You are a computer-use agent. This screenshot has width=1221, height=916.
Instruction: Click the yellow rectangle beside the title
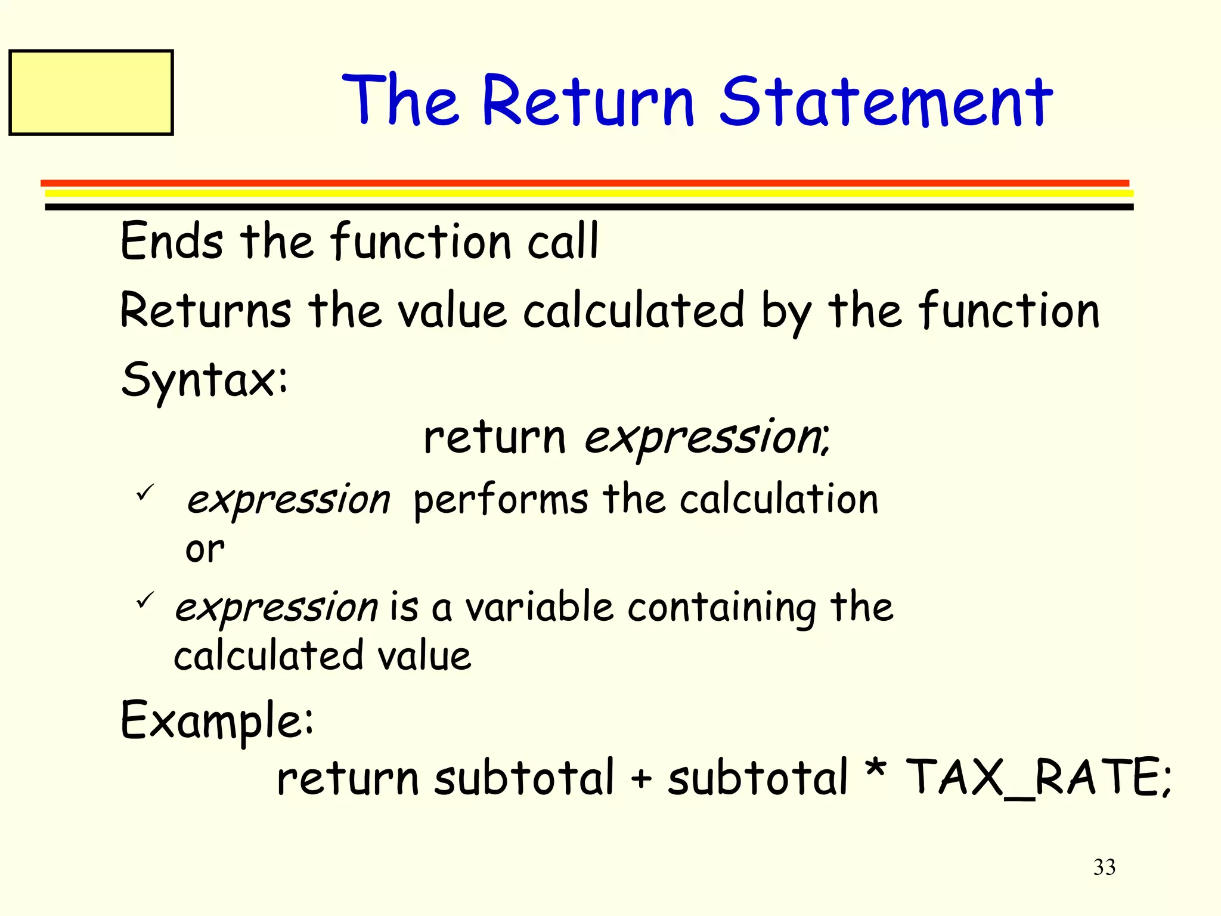click(x=91, y=92)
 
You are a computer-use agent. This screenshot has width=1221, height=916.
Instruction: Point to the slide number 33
click(x=1104, y=867)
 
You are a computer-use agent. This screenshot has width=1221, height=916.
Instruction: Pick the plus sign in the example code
click(x=641, y=779)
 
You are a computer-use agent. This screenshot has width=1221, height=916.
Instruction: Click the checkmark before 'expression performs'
click(x=145, y=493)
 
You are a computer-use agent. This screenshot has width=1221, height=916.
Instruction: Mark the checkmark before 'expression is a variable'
click(x=145, y=599)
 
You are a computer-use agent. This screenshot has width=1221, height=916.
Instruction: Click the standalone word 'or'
click(x=204, y=549)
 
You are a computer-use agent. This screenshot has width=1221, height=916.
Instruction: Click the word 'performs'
click(x=501, y=500)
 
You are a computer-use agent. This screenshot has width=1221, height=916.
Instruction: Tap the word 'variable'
click(x=540, y=607)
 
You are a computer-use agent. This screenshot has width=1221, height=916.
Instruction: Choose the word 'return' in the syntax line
click(x=494, y=438)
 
